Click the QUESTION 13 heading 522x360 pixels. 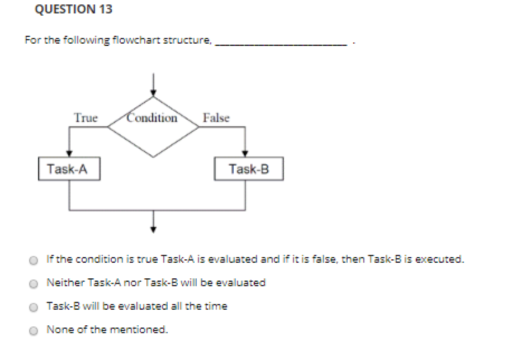(74, 10)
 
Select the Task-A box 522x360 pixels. (69, 169)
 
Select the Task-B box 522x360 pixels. (248, 169)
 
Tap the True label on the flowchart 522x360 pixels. (86, 118)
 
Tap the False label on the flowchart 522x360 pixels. (216, 118)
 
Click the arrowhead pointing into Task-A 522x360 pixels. (69, 153)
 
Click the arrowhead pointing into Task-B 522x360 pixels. (245, 153)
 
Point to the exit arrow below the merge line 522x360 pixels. (153, 224)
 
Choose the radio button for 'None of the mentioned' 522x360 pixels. (34, 330)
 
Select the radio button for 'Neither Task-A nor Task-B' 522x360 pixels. (34, 283)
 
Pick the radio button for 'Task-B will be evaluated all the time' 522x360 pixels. (34, 307)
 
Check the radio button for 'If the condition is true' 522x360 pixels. (34, 260)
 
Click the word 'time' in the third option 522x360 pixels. (217, 306)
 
